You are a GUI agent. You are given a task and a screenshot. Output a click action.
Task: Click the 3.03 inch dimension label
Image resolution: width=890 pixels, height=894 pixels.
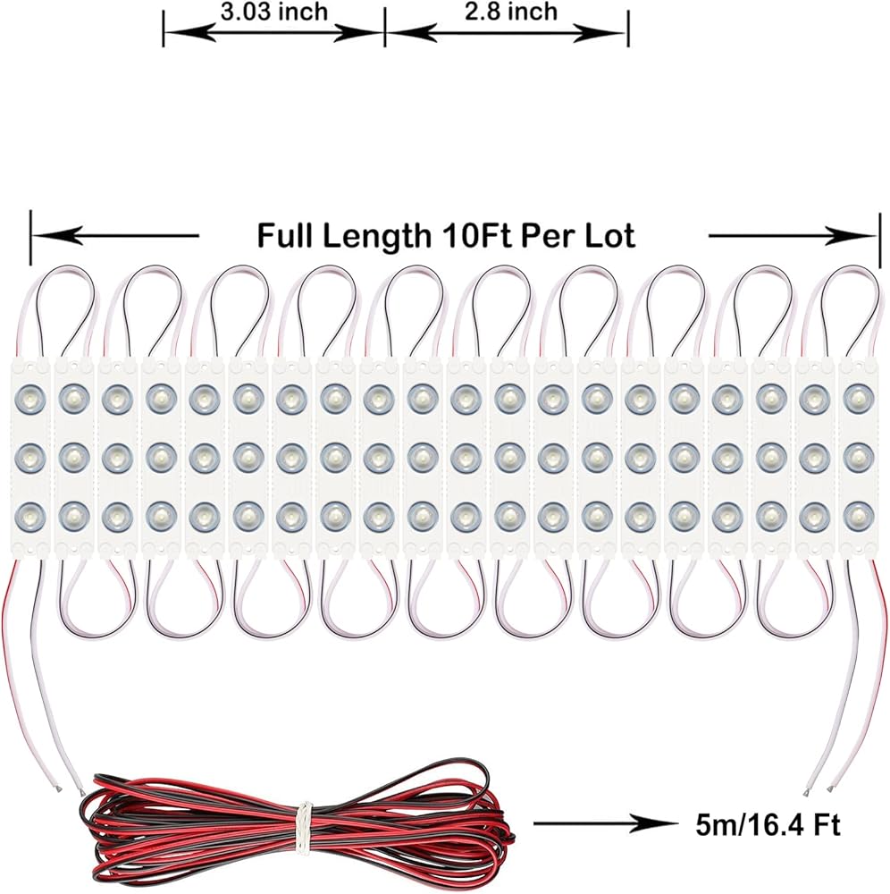pos(273,13)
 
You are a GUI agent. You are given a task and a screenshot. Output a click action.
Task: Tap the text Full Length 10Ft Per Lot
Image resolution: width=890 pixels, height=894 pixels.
pos(446,236)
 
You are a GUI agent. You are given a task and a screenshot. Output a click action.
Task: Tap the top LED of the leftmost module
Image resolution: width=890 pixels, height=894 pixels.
pos(30,395)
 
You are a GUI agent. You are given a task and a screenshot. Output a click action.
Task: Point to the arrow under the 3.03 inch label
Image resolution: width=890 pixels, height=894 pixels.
pos(273,33)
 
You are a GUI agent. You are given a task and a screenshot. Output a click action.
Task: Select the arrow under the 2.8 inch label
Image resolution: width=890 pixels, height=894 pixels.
pos(506,33)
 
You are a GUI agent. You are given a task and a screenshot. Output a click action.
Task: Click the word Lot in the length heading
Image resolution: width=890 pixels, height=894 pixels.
pos(609,236)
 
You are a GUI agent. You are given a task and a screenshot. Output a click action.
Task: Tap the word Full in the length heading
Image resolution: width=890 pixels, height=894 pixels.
pos(287,236)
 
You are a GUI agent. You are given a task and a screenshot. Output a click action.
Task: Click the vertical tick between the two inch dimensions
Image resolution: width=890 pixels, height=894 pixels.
pos(384,27)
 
